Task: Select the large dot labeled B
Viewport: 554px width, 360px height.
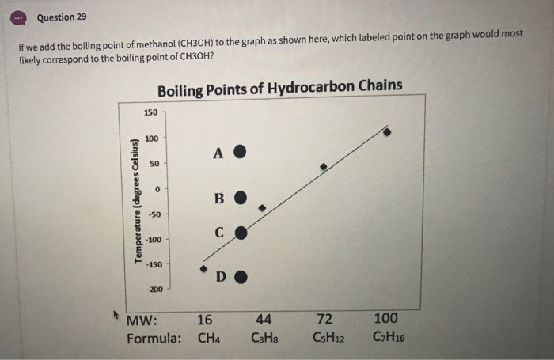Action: pos(243,195)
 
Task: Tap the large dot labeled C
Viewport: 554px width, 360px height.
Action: pos(242,233)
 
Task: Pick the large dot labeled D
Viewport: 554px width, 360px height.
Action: pos(243,277)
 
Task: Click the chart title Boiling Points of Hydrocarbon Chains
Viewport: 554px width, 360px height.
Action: pos(279,86)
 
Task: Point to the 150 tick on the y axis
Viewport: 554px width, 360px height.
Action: pos(150,114)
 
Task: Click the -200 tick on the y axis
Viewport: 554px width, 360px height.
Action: pos(153,289)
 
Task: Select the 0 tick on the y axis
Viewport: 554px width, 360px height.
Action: pos(157,189)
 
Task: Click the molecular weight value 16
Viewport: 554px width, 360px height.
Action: pos(204,320)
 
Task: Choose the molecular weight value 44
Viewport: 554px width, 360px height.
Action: pos(264,320)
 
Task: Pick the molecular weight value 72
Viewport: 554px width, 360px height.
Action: pos(324,320)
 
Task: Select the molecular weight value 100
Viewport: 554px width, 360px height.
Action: pos(385,320)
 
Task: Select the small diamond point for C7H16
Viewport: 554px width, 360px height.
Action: pos(387,132)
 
